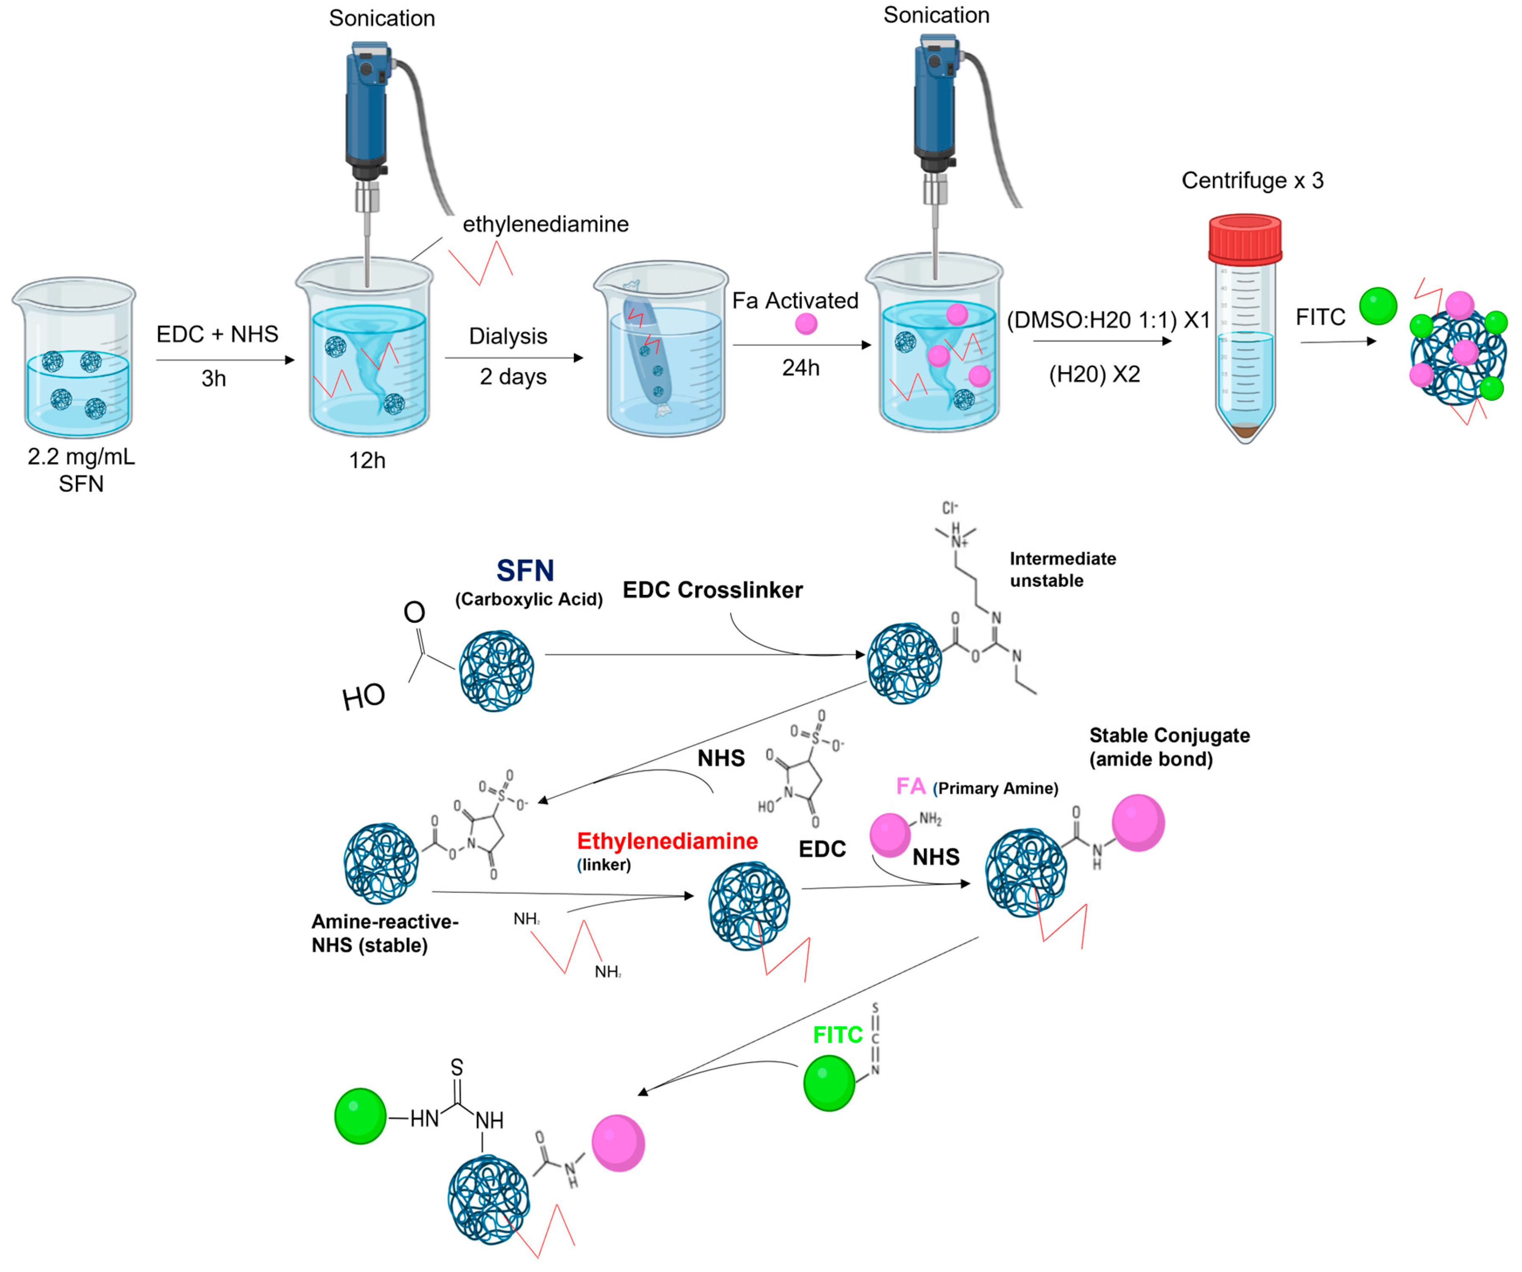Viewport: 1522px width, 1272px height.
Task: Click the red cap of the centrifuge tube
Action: point(1245,239)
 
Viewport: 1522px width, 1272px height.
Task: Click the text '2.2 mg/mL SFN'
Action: point(81,469)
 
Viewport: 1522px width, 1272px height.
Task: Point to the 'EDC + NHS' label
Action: point(217,334)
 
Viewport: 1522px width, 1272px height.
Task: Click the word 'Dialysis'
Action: point(507,336)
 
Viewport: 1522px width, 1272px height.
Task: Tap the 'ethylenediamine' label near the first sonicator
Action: point(545,224)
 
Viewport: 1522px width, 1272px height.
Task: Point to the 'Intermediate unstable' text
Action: point(1062,569)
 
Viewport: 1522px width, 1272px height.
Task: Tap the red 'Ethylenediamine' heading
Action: point(667,841)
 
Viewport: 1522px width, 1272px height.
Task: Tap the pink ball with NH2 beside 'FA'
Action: point(889,834)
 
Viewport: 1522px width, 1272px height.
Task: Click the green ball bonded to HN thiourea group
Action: point(360,1116)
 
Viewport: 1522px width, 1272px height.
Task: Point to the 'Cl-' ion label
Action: point(949,508)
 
